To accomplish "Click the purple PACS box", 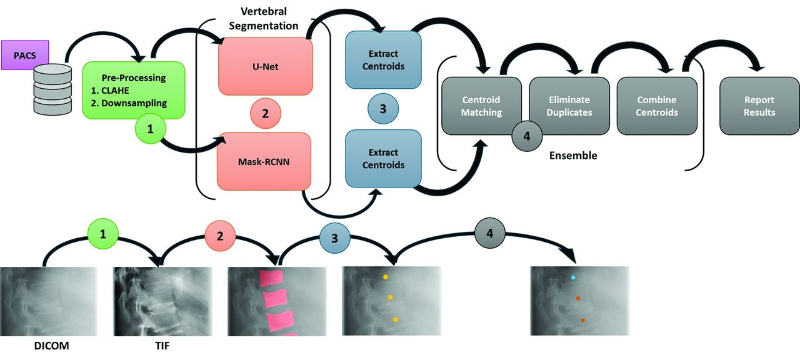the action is pos(25,55).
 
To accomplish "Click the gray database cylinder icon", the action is pos(52,89).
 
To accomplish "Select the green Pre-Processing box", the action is pos(134,90).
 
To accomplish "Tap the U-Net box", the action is pos(266,66).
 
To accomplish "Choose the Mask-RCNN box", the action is pos(264,161).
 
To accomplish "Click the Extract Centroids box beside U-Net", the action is pos(383,59).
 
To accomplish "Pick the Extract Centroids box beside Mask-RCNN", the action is pos(383,159).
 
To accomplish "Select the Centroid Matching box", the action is pos(481,106).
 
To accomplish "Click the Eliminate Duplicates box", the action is pos(569,106).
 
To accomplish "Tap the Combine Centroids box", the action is pos(657,106).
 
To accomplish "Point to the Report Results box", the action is pos(759,106).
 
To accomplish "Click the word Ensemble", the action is pos(573,156).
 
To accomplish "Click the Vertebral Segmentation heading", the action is pos(264,19).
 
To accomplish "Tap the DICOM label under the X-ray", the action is pos(51,346).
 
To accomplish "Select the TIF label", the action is pos(162,346).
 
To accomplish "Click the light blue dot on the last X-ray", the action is pos(573,277).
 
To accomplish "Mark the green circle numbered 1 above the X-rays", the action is pos(103,234).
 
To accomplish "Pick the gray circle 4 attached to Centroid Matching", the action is pos(527,136).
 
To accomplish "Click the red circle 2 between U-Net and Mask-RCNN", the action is pos(266,113).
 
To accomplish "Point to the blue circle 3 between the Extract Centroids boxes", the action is pos(383,109).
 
